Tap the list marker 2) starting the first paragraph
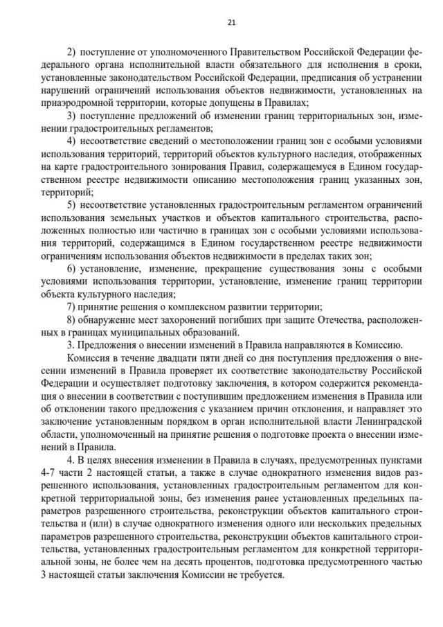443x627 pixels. point(71,52)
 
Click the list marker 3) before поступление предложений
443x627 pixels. point(71,115)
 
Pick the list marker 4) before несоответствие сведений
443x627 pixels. point(71,141)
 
